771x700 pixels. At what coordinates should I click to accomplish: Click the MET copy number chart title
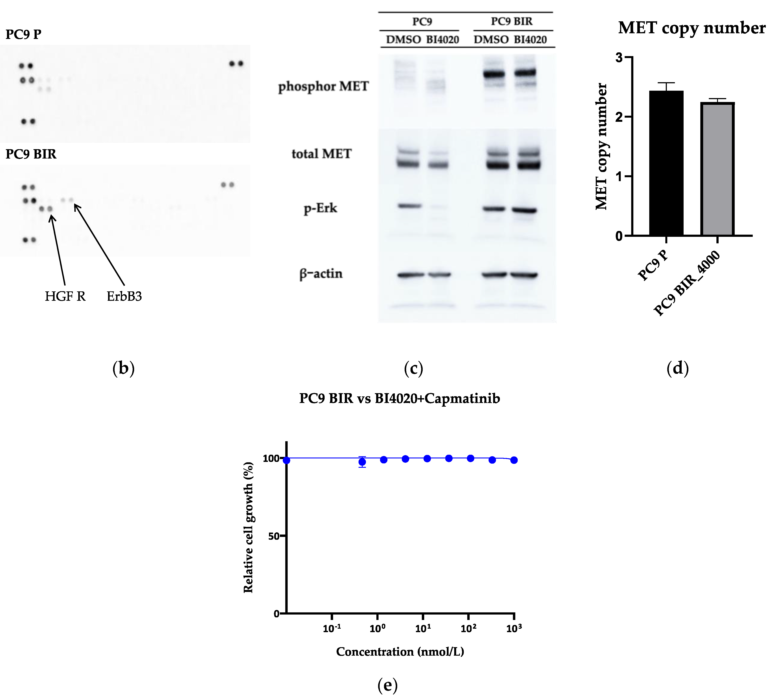click(x=691, y=28)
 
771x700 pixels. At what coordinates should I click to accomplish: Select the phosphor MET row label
click(x=323, y=87)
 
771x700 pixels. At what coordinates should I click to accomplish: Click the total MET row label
click(x=321, y=154)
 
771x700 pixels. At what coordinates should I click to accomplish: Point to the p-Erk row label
click(x=320, y=208)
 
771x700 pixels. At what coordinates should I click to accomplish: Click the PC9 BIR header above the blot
click(x=512, y=22)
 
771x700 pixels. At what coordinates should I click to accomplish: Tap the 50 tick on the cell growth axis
click(x=274, y=536)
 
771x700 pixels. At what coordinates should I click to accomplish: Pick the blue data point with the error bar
click(x=362, y=462)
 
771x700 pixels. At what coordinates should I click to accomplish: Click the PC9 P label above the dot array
click(x=23, y=34)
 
